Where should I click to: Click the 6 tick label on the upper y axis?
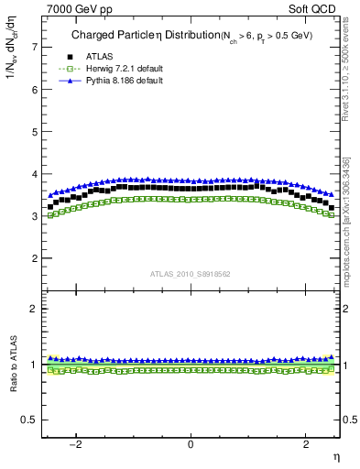coord(34,90)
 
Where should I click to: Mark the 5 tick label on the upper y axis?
coord(34,132)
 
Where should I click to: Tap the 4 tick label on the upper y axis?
coord(34,174)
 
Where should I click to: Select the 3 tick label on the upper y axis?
coord(34,216)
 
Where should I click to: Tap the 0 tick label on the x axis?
coord(191,444)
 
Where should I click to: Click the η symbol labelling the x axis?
coord(334,455)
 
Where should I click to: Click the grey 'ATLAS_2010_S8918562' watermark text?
coord(190,273)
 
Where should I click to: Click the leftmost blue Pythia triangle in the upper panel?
coord(50,194)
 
